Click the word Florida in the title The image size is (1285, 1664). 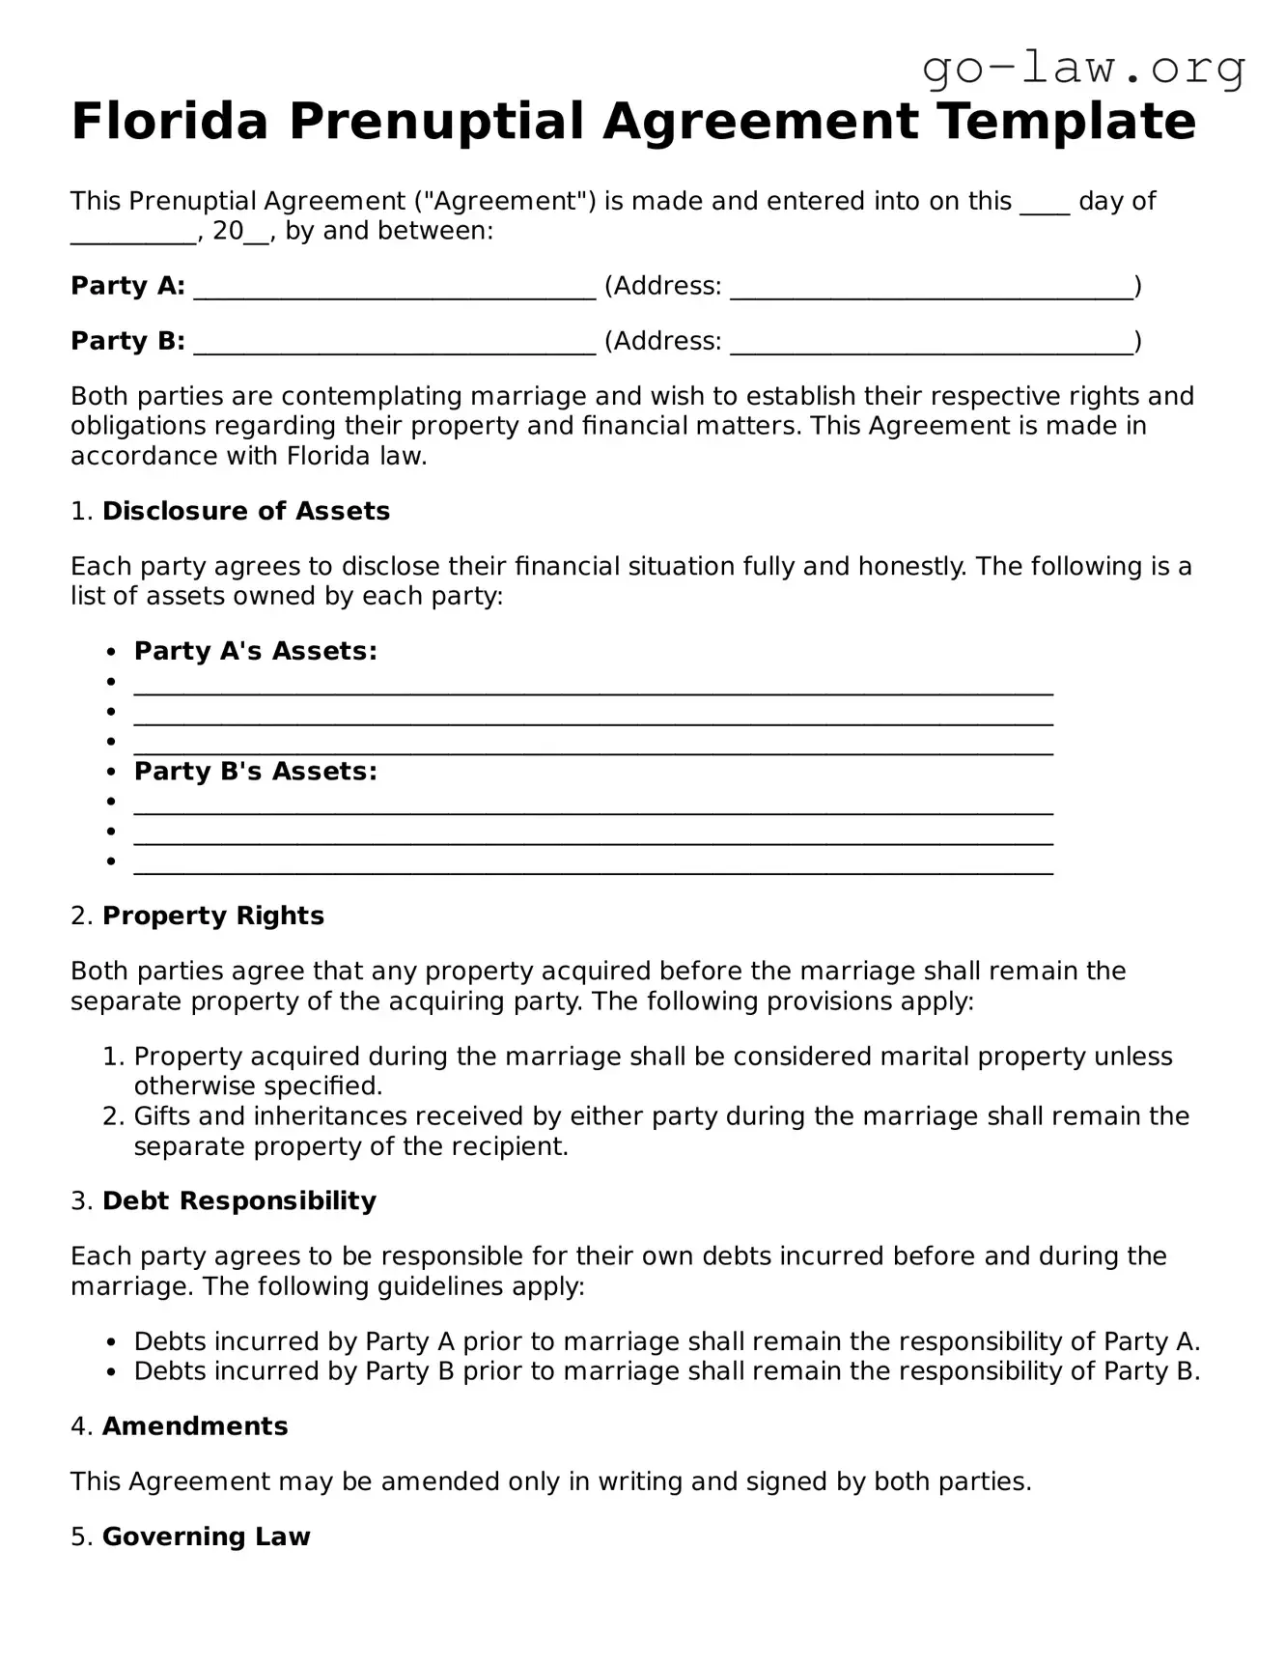(169, 122)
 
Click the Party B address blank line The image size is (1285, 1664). (931, 343)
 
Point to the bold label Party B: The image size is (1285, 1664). (127, 341)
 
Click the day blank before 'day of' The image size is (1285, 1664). (1045, 203)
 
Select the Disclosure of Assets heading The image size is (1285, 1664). (246, 511)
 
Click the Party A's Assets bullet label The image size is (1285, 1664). (255, 651)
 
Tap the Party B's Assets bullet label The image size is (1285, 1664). (255, 771)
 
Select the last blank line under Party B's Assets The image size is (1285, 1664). (593, 865)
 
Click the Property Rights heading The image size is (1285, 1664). (213, 916)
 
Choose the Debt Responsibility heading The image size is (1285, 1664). (238, 1200)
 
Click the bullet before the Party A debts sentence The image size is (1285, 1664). (112, 1342)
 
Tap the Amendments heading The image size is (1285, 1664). (195, 1426)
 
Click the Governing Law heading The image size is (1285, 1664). (206, 1537)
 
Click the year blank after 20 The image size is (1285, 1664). (257, 233)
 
